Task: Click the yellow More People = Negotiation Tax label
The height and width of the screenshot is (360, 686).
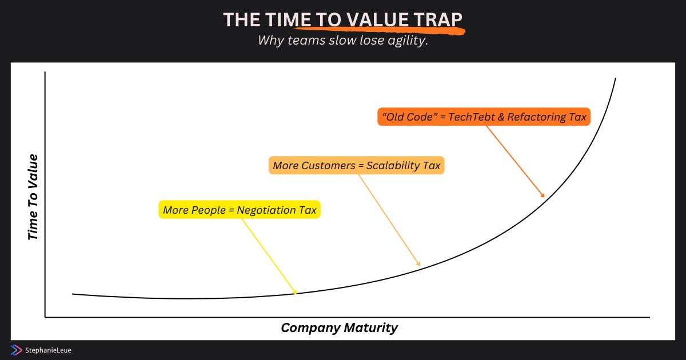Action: click(240, 210)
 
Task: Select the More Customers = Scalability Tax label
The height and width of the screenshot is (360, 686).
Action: click(357, 165)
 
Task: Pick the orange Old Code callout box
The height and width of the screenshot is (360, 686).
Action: click(484, 117)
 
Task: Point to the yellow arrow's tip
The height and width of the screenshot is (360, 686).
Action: click(297, 293)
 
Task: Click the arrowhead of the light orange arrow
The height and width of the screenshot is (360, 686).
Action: click(420, 265)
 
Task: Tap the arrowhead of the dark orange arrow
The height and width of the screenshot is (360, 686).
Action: click(544, 197)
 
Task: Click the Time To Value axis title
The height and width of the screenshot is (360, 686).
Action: click(33, 197)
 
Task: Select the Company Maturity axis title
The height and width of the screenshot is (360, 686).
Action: click(340, 327)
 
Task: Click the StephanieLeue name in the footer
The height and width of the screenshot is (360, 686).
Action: click(48, 350)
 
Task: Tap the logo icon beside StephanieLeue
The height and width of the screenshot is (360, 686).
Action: click(16, 350)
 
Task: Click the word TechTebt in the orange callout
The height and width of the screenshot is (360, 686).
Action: click(472, 117)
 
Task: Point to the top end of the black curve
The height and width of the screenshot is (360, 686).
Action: click(616, 78)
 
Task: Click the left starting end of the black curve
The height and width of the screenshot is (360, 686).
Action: click(73, 294)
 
